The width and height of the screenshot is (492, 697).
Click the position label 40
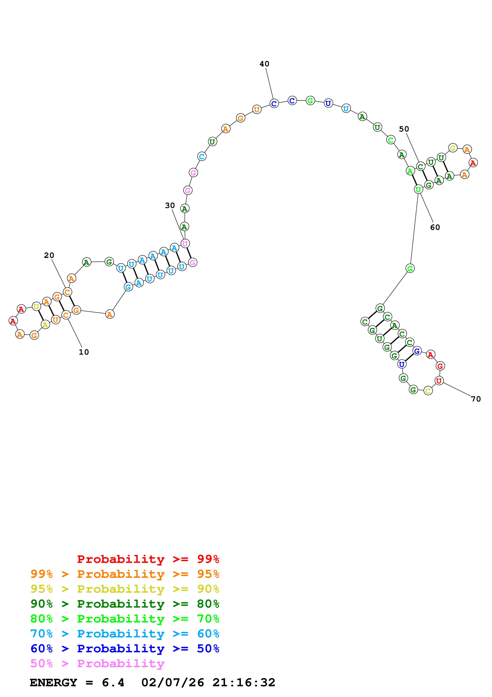[264, 64]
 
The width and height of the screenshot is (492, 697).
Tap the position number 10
[84, 352]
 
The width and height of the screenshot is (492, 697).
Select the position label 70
[476, 399]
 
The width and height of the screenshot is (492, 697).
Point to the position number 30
[170, 205]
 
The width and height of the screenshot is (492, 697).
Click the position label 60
[435, 227]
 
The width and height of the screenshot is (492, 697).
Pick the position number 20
[49, 255]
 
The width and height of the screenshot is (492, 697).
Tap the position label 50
[404, 129]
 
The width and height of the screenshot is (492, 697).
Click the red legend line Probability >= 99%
[148, 559]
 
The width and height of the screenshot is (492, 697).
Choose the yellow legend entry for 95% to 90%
[125, 589]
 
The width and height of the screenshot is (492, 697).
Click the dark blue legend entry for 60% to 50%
[125, 649]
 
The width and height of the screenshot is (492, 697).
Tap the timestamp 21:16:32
[244, 682]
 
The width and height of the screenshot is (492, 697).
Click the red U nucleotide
[439, 381]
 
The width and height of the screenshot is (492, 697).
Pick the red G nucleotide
[440, 366]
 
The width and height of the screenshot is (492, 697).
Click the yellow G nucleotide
[452, 148]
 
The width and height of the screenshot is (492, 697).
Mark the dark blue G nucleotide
[417, 351]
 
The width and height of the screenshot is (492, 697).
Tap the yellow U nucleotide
[36, 307]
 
